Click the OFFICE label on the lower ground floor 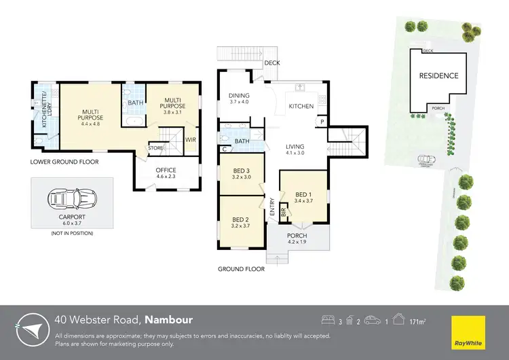click(166, 170)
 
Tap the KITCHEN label click(301, 107)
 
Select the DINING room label click(239, 96)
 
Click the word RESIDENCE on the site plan click(438, 76)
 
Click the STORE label click(156, 147)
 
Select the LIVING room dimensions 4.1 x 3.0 click(295, 153)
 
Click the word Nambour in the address click(169, 319)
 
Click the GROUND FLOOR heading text click(241, 269)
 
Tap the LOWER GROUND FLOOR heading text click(64, 162)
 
